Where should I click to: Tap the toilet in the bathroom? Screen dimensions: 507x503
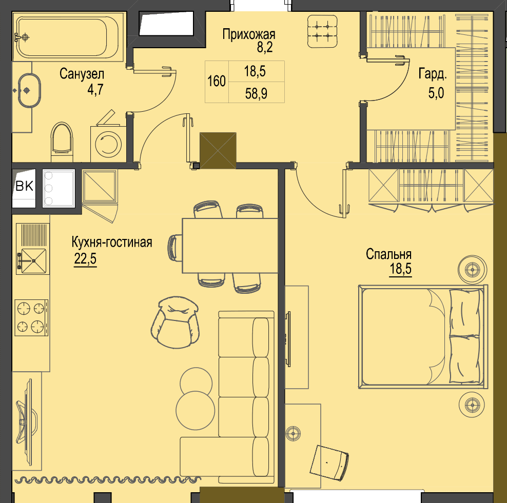(x=62, y=142)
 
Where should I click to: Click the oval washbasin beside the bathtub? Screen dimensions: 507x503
(x=29, y=90)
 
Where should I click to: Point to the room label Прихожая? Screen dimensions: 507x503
(x=249, y=34)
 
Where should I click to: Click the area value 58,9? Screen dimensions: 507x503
(x=256, y=94)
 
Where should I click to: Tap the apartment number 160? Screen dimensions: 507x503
(x=217, y=81)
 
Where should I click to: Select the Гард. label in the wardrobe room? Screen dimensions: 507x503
(x=433, y=74)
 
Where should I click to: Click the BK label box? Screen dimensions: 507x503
(x=24, y=186)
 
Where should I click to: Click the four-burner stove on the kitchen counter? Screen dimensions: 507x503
(x=31, y=317)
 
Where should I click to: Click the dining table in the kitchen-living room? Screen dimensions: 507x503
(x=230, y=246)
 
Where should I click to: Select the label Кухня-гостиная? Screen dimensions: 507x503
(x=112, y=242)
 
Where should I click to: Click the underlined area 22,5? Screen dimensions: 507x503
(x=85, y=259)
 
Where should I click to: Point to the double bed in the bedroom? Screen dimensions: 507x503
(x=423, y=336)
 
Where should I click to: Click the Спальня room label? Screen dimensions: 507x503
(x=388, y=254)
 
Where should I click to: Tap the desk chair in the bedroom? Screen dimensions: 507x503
(x=329, y=462)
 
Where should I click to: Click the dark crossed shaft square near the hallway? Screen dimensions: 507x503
(x=218, y=151)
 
